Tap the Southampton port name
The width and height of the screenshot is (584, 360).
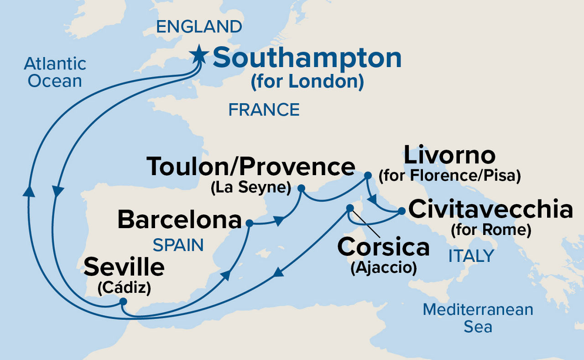click(x=307, y=58)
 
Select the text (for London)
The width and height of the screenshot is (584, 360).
click(x=307, y=82)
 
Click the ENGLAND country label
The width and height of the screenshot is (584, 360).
click(x=199, y=27)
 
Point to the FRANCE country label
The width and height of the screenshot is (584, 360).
click(x=264, y=110)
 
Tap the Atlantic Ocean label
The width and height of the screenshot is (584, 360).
click(x=55, y=72)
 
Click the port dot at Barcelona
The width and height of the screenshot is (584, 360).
click(x=249, y=223)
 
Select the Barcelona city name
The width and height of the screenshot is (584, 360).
click(x=179, y=220)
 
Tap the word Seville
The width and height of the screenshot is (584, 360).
click(x=124, y=268)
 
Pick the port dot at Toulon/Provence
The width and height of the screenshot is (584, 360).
click(x=301, y=188)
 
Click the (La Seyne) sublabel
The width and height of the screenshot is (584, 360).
click(x=251, y=188)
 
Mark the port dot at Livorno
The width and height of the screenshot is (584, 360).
click(x=368, y=175)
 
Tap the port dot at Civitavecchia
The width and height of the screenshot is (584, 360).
click(x=401, y=211)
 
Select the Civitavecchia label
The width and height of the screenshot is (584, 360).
click(x=490, y=209)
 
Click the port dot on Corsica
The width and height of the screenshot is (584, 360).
click(x=349, y=208)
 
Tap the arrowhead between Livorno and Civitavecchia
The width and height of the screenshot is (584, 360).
click(x=373, y=199)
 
